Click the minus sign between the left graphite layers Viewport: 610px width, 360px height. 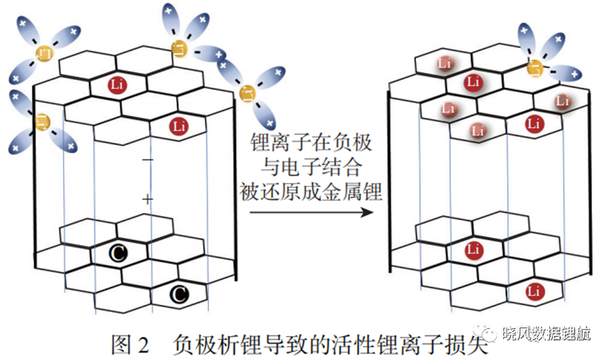[x=148, y=160]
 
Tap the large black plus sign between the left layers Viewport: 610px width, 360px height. [x=148, y=200]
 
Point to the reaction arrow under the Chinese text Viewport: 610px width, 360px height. [x=311, y=212]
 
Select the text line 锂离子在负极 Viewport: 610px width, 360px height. [x=311, y=143]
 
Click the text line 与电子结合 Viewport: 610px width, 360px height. [x=311, y=167]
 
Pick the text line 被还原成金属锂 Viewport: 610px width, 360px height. [x=311, y=191]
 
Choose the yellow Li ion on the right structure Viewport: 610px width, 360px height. [x=535, y=68]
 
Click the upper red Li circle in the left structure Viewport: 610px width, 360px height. [x=117, y=85]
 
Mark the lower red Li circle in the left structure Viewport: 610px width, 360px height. [x=179, y=126]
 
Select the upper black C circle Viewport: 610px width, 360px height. [x=118, y=253]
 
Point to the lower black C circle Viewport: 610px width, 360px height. [x=179, y=294]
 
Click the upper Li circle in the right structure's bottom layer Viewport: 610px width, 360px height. [x=474, y=250]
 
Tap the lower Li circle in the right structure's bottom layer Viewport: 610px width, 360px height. [x=534, y=291]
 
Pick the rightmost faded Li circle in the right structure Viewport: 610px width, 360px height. [x=563, y=102]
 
